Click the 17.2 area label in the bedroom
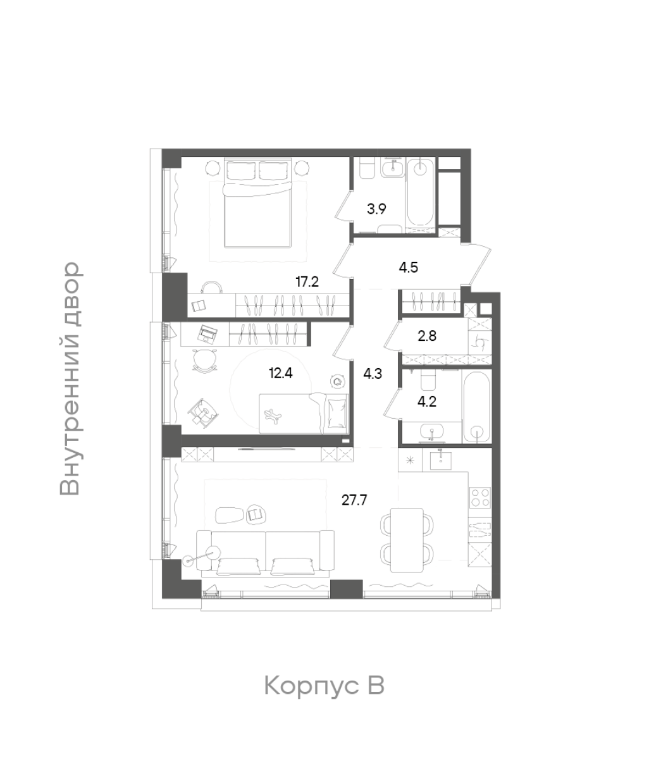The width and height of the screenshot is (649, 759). coord(307,282)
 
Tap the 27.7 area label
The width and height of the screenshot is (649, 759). coord(354,500)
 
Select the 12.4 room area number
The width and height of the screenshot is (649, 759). coord(281,373)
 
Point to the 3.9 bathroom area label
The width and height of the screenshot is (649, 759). coord(376,209)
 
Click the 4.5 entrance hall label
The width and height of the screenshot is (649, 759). coord(409,268)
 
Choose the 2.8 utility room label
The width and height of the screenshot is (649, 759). coord(427,336)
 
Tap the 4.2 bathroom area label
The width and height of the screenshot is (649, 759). coord(427,402)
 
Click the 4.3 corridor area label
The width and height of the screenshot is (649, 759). coord(373,374)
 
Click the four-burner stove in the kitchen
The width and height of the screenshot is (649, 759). coord(480,498)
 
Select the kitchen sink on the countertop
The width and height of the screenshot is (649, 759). coord(441,459)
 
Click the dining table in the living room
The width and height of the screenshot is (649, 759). coord(406,540)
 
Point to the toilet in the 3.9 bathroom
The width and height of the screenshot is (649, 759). coord(368,168)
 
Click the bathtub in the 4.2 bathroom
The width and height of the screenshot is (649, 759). coord(476,405)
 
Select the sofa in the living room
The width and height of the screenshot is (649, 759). coord(265,551)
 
